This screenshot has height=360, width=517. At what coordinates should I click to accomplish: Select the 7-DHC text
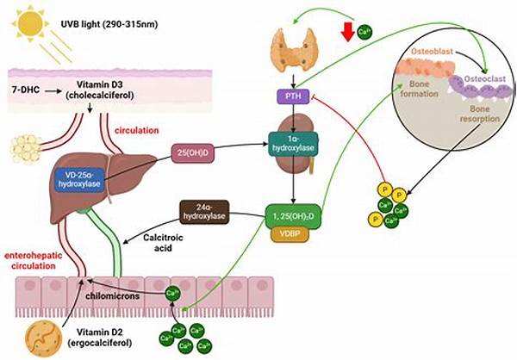pyautogui.click(x=27, y=88)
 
